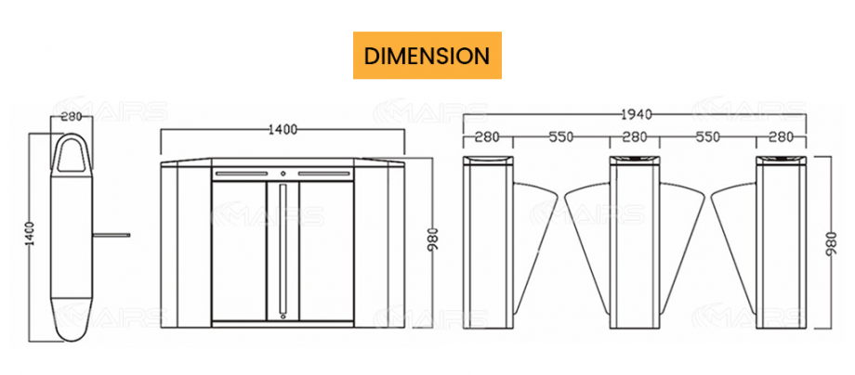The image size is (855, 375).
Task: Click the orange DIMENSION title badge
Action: [x=427, y=55]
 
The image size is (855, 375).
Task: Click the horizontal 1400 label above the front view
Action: [x=283, y=130]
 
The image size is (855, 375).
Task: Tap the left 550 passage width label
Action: [x=559, y=137]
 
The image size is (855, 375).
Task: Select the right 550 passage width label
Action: [x=708, y=137]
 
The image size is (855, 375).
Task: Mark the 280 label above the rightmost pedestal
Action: [x=781, y=137]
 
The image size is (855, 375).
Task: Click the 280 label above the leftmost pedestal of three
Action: [x=487, y=137]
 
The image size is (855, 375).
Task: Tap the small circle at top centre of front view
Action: [x=283, y=173]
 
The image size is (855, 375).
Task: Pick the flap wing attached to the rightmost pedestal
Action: [x=734, y=232]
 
